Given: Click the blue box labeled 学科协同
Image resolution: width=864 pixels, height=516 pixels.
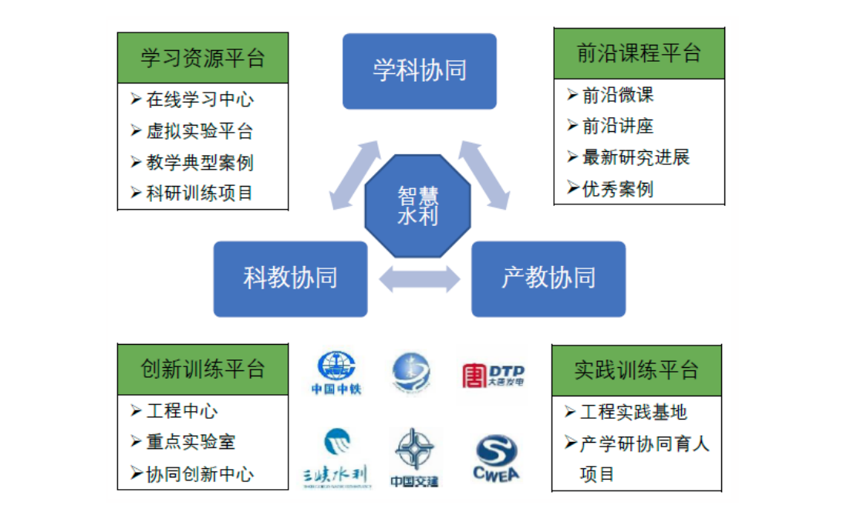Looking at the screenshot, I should coord(420,71).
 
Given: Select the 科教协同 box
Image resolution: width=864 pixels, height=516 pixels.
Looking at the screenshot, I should coord(290,278).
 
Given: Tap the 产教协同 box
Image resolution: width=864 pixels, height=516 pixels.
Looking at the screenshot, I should coord(548,278).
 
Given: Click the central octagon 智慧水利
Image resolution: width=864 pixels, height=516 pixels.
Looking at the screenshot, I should coord(417,205).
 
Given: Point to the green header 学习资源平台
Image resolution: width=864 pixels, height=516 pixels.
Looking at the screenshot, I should coord(203,58).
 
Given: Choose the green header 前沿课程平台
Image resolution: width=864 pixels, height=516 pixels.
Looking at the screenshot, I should coord(639,53).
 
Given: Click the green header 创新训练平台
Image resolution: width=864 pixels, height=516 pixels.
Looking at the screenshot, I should coord(203,369).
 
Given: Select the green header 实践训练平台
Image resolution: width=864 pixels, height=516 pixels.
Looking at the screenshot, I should coord(637,369).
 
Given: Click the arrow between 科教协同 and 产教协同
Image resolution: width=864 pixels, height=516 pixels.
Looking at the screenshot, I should coord(419,278).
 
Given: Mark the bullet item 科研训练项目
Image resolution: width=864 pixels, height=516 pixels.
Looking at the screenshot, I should coord(200,193).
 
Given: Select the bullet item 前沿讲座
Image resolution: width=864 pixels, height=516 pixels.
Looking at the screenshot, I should coord(618,126).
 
